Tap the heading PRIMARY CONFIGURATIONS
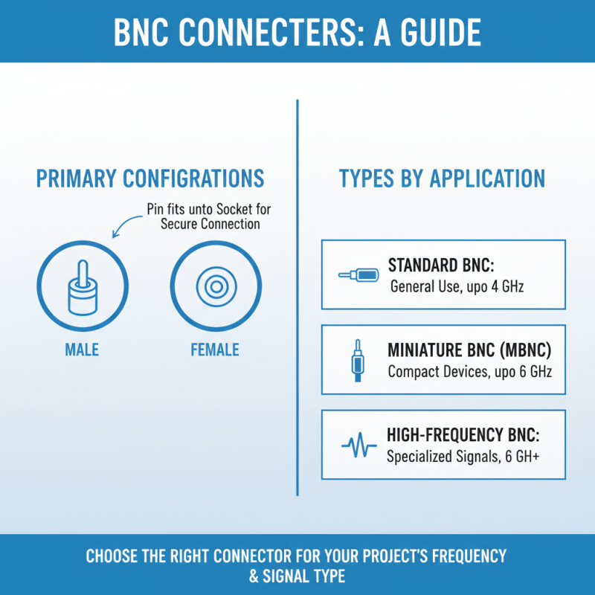150,178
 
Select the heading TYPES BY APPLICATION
442,178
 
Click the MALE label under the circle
82,350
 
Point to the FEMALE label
215,350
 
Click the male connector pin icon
82,286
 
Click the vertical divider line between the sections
297,297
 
